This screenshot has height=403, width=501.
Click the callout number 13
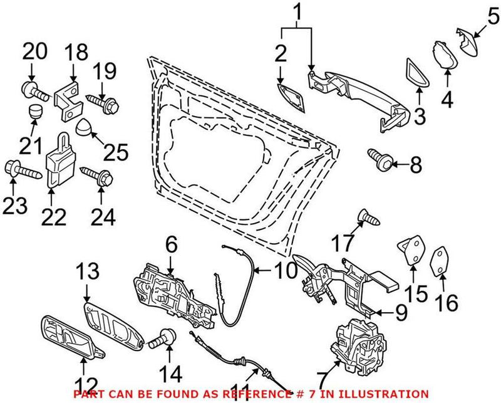tap(88, 273)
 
